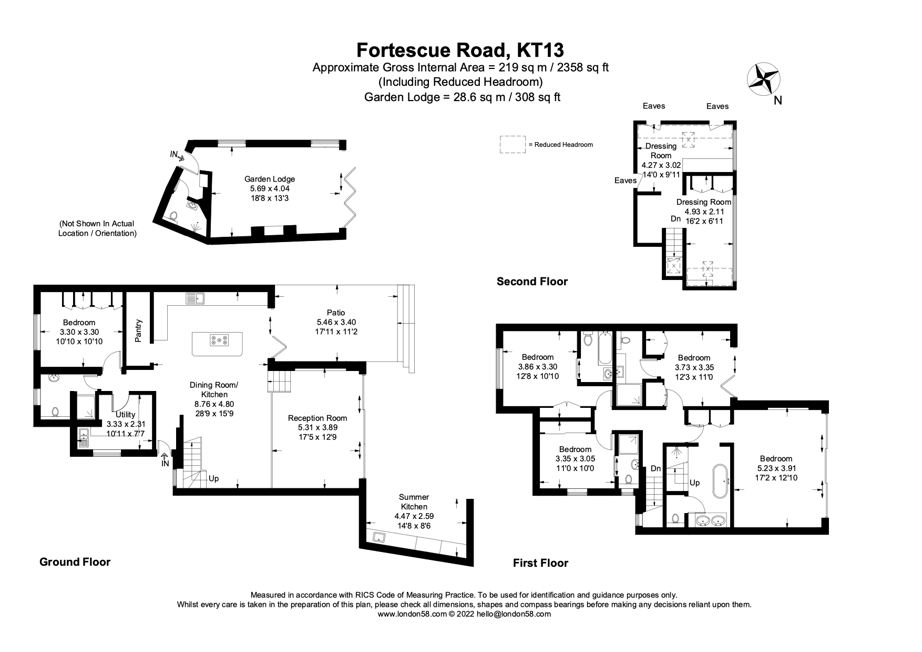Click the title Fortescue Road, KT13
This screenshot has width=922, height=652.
click(460, 50)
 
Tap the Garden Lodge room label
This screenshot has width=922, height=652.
click(270, 179)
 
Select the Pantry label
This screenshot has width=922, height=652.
click(139, 330)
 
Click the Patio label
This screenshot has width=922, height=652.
click(336, 313)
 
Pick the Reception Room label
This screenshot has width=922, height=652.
click(317, 418)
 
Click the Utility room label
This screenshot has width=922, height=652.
click(126, 415)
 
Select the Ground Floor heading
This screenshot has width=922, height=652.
click(75, 562)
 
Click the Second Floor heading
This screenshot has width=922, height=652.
click(532, 282)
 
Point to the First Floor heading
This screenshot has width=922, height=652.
click(540, 563)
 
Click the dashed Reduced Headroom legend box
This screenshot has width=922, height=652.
click(513, 145)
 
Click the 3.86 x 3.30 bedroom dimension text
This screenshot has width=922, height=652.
click(538, 367)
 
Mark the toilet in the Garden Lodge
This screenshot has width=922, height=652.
click(173, 215)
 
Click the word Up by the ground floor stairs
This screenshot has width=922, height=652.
click(213, 479)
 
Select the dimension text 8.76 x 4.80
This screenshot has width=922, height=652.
click(214, 404)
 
